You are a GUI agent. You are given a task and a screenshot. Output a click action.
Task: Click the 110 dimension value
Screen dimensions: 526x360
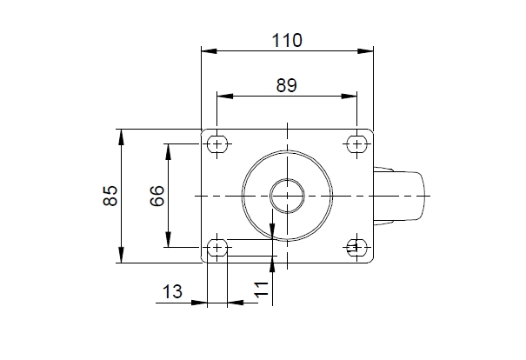pos(287,40)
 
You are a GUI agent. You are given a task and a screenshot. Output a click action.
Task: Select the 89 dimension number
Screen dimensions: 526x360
pos(287,85)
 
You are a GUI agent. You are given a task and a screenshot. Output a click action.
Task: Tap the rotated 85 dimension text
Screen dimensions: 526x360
pos(110,196)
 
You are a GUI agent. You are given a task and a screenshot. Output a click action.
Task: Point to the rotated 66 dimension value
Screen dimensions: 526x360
pos(157,196)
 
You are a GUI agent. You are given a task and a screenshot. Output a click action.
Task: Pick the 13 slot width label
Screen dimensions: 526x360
pos(172,291)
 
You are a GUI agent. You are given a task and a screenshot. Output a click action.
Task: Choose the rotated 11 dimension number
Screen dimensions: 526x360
pos(262,290)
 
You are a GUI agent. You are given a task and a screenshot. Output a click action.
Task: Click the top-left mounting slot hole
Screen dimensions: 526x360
pos(217,144)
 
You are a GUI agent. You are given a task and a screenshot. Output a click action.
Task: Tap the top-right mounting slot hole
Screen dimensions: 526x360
pos(357,144)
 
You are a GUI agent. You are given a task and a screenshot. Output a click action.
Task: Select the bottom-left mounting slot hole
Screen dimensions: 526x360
pos(217,248)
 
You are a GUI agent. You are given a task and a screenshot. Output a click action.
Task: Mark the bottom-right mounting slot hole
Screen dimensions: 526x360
pos(357,248)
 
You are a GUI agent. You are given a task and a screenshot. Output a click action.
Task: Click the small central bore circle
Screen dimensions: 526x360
pos(287,196)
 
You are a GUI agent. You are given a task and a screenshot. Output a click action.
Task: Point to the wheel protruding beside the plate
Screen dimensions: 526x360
pos(398,196)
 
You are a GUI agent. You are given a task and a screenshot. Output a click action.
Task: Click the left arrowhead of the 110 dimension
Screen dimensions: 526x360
pos(209,51)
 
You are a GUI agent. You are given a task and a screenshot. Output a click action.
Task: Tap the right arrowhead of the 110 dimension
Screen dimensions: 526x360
pos(366,51)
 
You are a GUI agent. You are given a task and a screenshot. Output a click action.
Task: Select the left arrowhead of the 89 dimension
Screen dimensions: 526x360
pos(225,97)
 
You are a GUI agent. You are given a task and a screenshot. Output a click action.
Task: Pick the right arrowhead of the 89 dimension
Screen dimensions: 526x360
pos(349,97)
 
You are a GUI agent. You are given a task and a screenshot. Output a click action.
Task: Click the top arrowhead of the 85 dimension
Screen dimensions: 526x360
pos(122,137)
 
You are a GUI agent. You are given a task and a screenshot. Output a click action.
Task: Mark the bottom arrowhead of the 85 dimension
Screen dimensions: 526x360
pos(122,255)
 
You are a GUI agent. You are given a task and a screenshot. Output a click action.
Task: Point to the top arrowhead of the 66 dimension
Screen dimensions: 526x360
pos(169,152)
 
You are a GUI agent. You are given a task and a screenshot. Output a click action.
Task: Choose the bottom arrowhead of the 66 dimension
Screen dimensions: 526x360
pos(169,239)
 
